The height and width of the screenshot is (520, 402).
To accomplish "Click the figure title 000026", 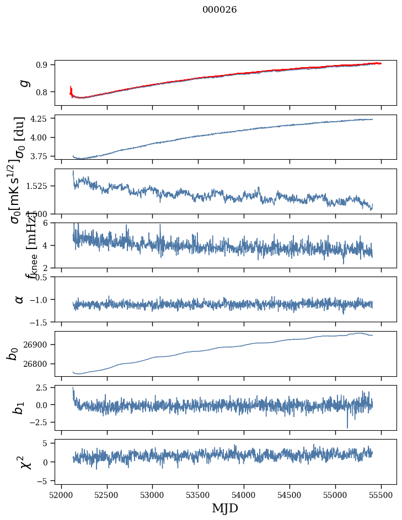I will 219,10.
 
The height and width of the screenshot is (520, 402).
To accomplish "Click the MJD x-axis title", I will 225,508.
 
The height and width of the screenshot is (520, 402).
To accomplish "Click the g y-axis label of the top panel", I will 23,83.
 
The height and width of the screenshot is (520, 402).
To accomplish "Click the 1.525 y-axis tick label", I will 38,186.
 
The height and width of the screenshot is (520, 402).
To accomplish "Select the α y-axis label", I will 19,299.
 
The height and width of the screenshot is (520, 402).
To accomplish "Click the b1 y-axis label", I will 19,408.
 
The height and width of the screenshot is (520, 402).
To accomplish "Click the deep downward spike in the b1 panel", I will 347,426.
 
